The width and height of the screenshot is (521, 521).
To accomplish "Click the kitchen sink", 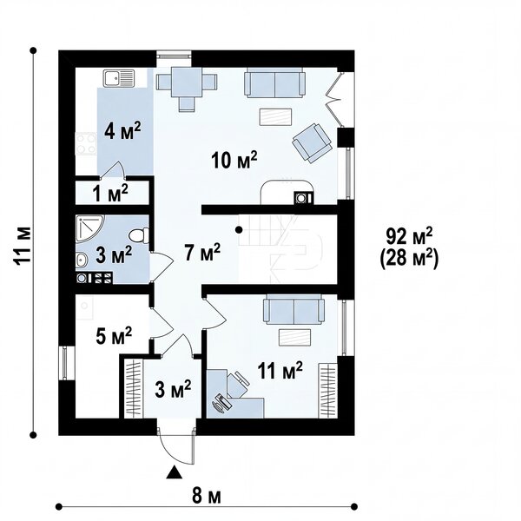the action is (119, 78).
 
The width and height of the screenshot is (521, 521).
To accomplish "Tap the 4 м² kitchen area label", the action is (122, 131).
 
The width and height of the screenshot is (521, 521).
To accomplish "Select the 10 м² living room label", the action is (234, 160).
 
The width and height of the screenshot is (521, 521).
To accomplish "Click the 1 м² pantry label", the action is (110, 194).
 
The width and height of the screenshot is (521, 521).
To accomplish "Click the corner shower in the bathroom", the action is (89, 228).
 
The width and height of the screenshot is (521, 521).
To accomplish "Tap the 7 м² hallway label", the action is (202, 253).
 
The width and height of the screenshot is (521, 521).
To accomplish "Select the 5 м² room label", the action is (114, 336).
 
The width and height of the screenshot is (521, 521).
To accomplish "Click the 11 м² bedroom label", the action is (280, 371).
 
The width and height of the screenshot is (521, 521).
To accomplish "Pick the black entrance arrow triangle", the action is (175, 472).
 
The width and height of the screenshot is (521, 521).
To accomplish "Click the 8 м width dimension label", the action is (206, 497).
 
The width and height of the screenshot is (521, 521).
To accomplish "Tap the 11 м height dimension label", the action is (23, 245).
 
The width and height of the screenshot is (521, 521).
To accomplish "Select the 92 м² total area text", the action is (409, 236).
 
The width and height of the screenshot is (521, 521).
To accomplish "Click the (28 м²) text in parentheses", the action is (409, 258).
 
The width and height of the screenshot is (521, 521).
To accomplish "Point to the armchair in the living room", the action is (312, 143).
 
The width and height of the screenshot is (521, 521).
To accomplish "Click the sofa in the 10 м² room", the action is (274, 82).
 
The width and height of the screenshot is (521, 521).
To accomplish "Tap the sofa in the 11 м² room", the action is (293, 309).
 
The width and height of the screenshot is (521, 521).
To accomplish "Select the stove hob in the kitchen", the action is (86, 143).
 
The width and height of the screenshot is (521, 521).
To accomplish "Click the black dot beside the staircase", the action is (239, 229).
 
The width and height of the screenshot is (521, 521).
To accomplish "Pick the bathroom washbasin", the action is (82, 260).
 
